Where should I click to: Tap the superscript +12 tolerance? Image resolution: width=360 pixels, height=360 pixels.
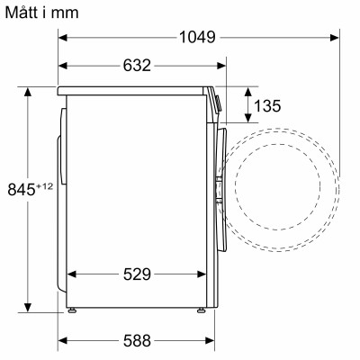(45, 184)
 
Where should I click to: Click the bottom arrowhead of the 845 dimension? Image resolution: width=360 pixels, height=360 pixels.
(28, 305)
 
